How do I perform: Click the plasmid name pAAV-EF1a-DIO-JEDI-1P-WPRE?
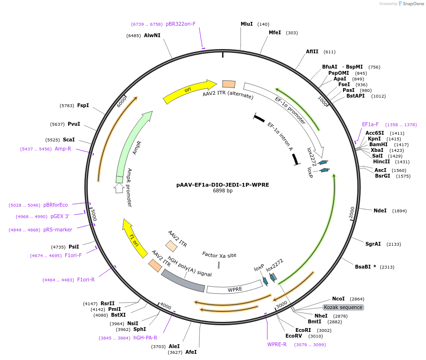tap(223, 184)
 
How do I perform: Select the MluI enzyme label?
tap(247, 24)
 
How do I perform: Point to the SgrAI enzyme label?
tap(373, 244)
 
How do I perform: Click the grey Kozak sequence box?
tap(343, 307)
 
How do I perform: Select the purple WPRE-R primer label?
tap(277, 344)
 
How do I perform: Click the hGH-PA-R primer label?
tap(145, 338)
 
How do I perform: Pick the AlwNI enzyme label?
tap(152, 35)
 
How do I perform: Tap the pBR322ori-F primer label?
tap(181, 24)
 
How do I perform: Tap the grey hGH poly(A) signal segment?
tap(183, 281)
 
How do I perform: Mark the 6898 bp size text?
tap(223, 191)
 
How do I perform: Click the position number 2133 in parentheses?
tap(394, 244)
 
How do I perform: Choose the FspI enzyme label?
tap(83, 105)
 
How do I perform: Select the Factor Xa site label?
tap(219, 255)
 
